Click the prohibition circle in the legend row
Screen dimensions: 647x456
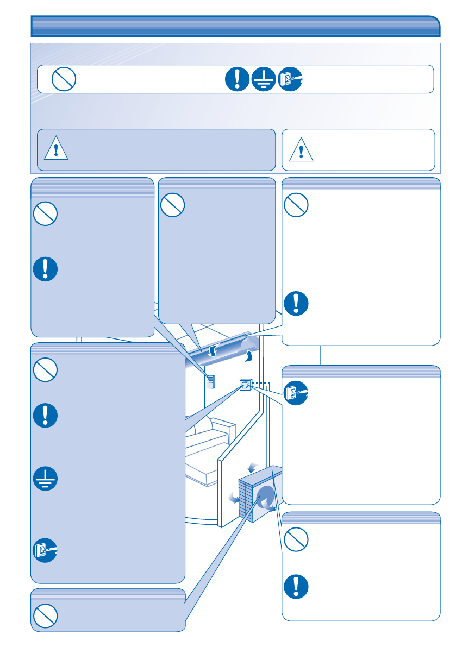[x=63, y=80]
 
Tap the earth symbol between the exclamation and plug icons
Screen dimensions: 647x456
[x=264, y=80]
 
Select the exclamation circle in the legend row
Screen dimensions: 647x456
[x=238, y=80]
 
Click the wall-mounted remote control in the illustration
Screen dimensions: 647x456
[x=211, y=382]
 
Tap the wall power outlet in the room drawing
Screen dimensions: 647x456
[x=245, y=386]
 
